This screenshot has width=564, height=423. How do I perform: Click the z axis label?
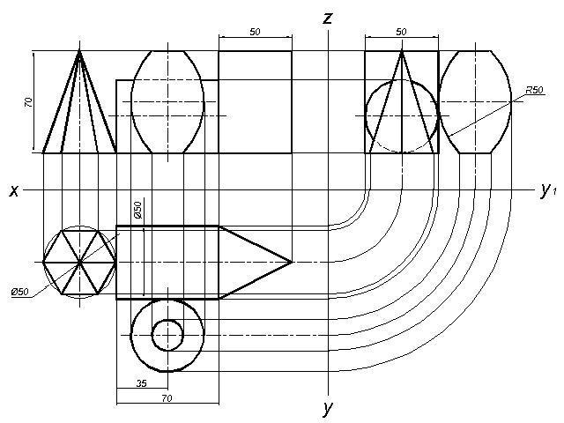coord(328,18)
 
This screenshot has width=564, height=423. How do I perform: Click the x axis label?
coord(14,190)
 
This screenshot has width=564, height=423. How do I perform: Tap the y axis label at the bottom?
coord(328,408)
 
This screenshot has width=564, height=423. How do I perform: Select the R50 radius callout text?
coord(535,90)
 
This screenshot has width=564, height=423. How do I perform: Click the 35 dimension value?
coord(142,383)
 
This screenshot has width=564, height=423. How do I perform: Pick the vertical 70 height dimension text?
coord(28,102)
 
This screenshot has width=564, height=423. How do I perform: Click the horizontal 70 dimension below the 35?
coord(167,398)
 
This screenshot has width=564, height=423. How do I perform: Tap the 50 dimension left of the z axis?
coord(255,32)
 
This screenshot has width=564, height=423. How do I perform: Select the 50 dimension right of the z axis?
coord(401,32)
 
